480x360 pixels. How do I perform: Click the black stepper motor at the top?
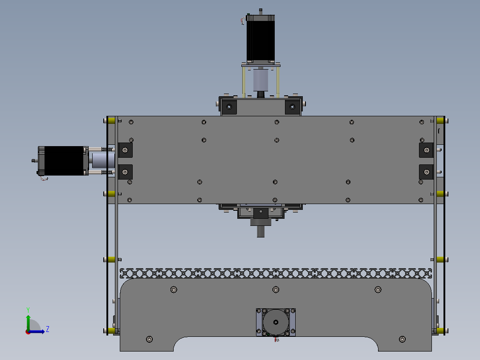point(260,38)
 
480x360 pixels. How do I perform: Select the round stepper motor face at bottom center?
point(276,322)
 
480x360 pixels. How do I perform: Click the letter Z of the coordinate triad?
point(47,329)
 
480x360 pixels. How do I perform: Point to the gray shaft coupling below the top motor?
point(260,80)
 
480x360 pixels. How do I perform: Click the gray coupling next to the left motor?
point(102,160)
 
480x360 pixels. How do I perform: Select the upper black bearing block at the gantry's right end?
point(426,150)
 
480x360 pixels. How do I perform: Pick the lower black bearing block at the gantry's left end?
point(125,172)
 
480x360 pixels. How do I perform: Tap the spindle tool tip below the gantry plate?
point(260,232)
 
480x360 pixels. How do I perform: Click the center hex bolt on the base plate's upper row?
point(276,290)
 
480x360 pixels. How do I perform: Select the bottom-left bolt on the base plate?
point(149,340)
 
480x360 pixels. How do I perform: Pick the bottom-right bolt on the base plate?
point(402,340)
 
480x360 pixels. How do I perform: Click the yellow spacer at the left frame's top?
point(111,120)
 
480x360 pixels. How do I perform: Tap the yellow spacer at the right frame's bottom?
point(440,330)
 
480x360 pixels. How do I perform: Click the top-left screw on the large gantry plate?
point(131,122)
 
